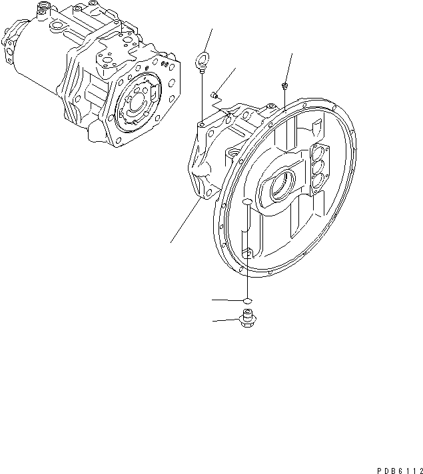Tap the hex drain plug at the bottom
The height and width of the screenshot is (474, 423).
point(247,321)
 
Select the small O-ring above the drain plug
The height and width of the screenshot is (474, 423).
point(247,302)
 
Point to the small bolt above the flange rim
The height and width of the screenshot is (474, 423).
point(285,86)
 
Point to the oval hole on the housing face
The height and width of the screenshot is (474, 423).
point(245,201)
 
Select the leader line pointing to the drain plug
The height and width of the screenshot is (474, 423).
point(225,321)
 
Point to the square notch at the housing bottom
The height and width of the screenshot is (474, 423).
point(246,252)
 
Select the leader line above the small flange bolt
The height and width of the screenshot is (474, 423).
point(289,66)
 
